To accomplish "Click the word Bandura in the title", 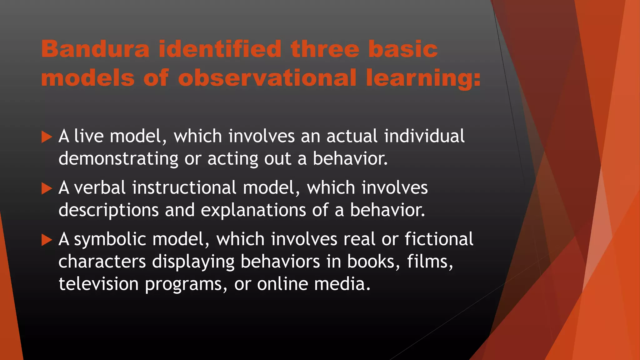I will [95, 49].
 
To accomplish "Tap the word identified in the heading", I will [220, 49].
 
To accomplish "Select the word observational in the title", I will [267, 78].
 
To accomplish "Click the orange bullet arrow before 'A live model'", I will [47, 137].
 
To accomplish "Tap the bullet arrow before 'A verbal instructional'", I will [47, 188].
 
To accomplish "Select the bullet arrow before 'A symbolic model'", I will [47, 240].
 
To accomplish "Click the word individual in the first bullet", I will [424, 136].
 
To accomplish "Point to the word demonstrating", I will [118, 159].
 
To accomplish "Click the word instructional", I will [184, 188].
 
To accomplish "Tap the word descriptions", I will [108, 210].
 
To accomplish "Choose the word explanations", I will [253, 210].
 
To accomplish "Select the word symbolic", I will [110, 240].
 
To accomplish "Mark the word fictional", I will [439, 239].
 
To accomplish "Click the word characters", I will [102, 262].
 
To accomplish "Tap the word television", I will [98, 284].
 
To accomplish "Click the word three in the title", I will [325, 49].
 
